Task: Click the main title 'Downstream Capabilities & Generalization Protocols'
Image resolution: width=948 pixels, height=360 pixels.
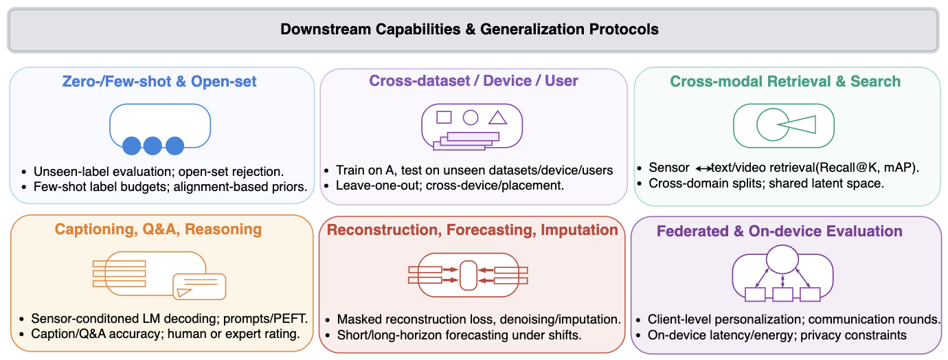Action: click(469, 29)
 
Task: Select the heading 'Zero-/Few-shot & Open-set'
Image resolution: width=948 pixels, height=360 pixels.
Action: click(159, 81)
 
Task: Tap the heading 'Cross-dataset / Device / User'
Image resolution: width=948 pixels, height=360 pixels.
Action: click(473, 80)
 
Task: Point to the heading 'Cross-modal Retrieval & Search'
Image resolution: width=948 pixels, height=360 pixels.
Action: click(785, 81)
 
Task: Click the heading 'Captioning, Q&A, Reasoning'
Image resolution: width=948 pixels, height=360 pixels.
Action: click(158, 229)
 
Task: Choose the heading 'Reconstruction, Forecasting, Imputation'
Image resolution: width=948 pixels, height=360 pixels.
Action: click(473, 229)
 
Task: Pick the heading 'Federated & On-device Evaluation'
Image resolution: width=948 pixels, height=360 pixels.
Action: click(779, 231)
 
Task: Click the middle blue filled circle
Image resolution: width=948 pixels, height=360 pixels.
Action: click(153, 146)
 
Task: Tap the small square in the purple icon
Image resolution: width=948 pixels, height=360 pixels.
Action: click(444, 117)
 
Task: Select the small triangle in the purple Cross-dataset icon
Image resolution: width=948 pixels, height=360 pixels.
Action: click(497, 118)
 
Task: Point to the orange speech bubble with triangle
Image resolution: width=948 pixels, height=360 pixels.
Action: click(199, 286)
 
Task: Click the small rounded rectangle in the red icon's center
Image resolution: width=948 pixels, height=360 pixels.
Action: click(469, 275)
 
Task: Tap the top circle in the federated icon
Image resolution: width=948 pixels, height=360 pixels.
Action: click(782, 259)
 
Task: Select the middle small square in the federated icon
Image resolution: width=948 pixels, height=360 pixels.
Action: click(782, 295)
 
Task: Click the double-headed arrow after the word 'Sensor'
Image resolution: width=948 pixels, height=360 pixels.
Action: click(703, 169)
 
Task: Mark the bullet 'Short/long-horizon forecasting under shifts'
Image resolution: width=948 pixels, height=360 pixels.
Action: click(459, 335)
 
